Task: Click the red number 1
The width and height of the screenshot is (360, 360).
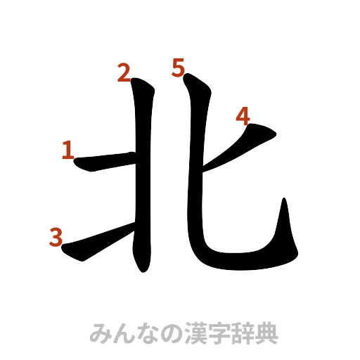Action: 68,150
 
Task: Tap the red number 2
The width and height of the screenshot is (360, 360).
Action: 124,73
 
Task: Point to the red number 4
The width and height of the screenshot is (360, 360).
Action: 243,115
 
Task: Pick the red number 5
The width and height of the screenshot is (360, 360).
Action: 178,67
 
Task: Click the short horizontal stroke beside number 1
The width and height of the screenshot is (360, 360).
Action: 105,162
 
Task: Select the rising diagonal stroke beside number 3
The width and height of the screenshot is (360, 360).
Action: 98,243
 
